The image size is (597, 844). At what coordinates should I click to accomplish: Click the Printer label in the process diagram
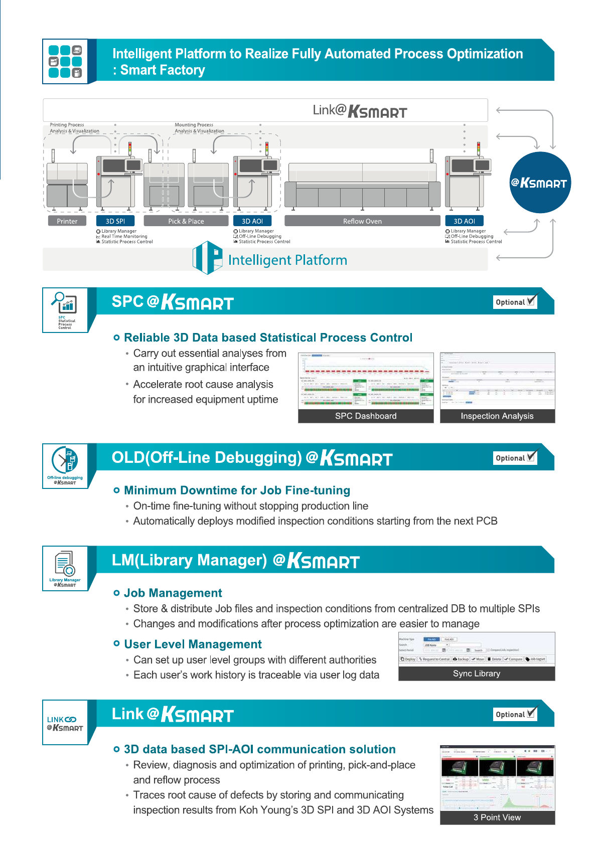tap(67, 221)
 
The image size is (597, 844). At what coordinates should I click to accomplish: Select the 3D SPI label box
tap(115, 221)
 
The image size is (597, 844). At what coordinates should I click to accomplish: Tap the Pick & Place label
tap(186, 221)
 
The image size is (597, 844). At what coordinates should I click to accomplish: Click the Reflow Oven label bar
tap(362, 221)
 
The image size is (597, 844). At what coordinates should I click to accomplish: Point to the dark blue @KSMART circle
tap(540, 183)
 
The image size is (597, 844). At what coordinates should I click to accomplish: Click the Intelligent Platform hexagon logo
tap(208, 258)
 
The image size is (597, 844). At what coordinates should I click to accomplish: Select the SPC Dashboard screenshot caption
tap(366, 416)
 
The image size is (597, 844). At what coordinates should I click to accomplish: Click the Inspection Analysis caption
tap(497, 416)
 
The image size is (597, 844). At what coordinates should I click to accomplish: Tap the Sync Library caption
tap(476, 673)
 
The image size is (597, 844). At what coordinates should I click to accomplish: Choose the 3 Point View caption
tap(497, 817)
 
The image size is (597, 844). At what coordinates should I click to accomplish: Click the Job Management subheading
tap(173, 593)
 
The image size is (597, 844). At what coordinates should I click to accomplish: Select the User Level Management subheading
tap(193, 644)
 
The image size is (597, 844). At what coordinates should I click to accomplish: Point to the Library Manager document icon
tap(65, 563)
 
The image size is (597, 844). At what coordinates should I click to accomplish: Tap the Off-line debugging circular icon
tap(65, 460)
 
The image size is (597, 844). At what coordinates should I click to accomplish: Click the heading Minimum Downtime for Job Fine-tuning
tap(237, 490)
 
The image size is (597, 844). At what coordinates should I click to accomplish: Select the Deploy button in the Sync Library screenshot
tap(408, 659)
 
